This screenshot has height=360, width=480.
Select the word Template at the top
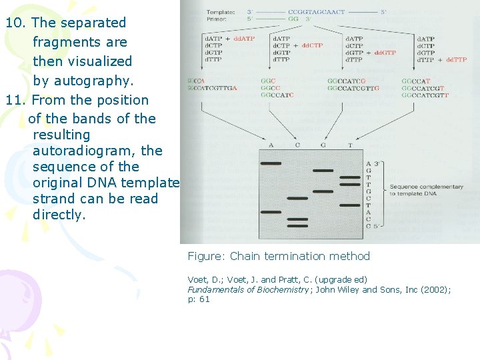(220, 13)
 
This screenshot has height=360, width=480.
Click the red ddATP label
(243, 39)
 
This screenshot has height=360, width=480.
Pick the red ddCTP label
(313, 46)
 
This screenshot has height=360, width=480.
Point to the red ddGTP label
(385, 53)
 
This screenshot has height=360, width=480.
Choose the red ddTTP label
(456, 59)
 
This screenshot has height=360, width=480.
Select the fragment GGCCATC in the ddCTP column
(277, 95)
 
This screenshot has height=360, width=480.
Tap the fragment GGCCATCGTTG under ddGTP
(353, 88)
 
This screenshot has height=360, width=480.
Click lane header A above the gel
(271, 145)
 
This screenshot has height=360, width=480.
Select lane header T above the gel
(350, 145)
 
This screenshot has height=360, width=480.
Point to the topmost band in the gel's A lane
(271, 163)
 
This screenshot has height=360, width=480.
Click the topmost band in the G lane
(323, 171)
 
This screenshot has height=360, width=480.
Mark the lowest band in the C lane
(297, 226)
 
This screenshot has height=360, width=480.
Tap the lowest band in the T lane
(349, 205)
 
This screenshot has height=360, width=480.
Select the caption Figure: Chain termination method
(279, 257)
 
